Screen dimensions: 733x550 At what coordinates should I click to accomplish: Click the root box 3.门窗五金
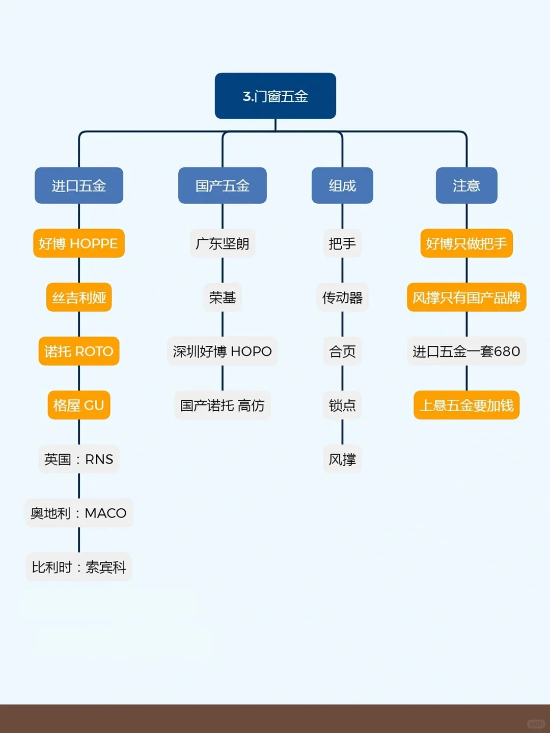coord(275,96)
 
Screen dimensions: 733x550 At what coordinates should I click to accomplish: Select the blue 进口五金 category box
coord(79,185)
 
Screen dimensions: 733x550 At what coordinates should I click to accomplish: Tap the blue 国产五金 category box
coord(222,185)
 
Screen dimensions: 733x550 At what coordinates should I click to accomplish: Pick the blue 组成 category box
coord(342,185)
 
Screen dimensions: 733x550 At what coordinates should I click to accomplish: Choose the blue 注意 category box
coord(466,185)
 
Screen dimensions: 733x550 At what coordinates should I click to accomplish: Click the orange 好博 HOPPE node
coord(79,243)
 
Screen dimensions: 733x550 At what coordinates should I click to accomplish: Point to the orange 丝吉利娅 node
coord(79,297)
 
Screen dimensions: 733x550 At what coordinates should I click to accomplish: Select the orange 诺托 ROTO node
coord(79,351)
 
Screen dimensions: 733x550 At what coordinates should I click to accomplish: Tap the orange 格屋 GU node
coord(79,405)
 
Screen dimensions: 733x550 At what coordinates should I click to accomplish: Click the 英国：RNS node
coord(79,459)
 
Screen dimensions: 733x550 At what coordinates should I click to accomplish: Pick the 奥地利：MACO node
coord(79,513)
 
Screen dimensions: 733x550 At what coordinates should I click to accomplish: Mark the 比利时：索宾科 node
coord(79,567)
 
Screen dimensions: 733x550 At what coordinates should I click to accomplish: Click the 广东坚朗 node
coord(223,243)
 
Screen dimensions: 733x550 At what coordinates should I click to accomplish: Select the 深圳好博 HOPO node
coord(223,351)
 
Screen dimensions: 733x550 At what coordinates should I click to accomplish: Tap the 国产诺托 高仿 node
coord(223,405)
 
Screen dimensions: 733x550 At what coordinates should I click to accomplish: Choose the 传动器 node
coord(342,297)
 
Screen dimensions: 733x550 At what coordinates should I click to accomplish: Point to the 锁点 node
coord(342,405)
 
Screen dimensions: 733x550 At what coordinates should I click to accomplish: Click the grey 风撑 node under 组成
coord(342,459)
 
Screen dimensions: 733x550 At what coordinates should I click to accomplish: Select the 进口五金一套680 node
coord(466,351)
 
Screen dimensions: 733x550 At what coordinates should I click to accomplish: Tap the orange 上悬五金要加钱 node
coord(466,405)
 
